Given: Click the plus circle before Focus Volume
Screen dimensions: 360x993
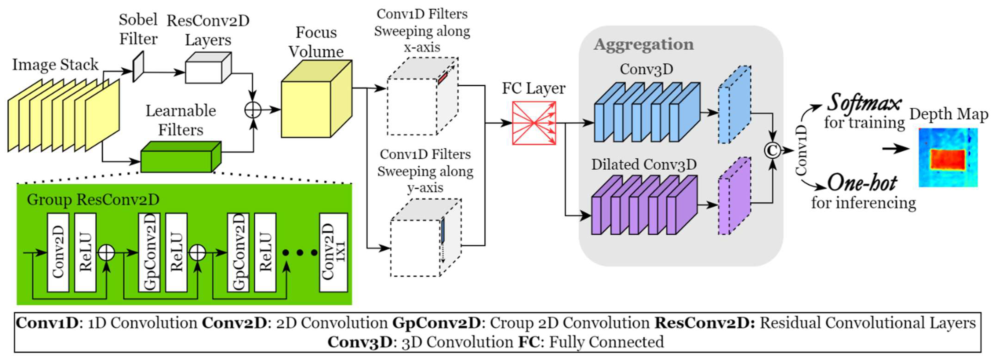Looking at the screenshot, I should pyautogui.click(x=253, y=110).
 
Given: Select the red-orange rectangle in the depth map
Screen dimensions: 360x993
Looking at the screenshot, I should pyautogui.click(x=948, y=159).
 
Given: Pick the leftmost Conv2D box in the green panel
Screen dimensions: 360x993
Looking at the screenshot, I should pyautogui.click(x=58, y=252).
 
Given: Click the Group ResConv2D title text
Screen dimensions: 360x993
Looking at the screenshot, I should pyautogui.click(x=93, y=200).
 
